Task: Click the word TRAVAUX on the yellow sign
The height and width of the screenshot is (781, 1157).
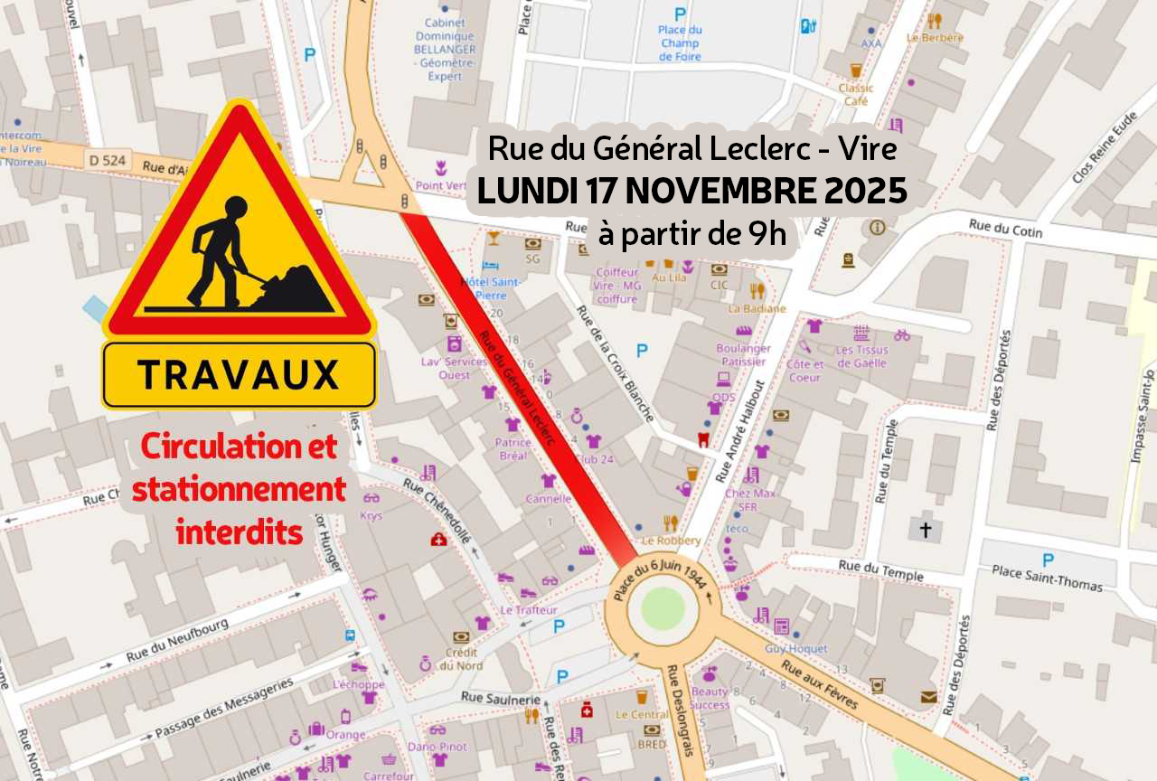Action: pos(239,374)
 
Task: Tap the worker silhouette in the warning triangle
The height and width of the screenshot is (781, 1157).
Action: pos(218,250)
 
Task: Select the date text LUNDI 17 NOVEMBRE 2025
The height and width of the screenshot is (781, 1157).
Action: pos(692,192)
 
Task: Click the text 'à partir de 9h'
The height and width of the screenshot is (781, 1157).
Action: pos(691,234)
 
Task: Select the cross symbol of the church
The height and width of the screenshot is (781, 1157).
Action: pos(925,529)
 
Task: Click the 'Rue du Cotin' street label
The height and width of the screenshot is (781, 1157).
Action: pos(1005,228)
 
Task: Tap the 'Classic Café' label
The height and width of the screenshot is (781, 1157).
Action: pos(856,94)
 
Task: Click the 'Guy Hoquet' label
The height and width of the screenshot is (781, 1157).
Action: pos(796,648)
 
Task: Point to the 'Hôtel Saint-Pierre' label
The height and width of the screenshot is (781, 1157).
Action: pos(490,287)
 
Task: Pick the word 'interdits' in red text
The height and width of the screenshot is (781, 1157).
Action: pos(240,532)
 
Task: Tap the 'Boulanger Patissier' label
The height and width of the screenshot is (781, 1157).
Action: pos(743,354)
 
